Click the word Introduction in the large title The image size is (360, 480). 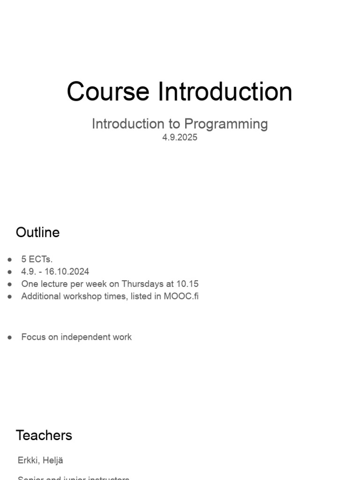[225, 91]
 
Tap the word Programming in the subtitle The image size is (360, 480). [225, 124]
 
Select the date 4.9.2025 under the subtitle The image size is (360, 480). [180, 138]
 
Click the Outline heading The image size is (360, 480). [37, 232]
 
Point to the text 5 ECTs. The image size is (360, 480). [37, 259]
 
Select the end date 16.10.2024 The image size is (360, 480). [67, 271]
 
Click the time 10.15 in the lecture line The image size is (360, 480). [187, 284]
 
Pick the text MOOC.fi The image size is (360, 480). [181, 296]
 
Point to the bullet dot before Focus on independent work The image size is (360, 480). [10, 337]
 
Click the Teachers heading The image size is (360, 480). [44, 435]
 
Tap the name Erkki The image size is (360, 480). [28, 460]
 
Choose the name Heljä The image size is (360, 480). [53, 460]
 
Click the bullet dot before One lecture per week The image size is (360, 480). [10, 284]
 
